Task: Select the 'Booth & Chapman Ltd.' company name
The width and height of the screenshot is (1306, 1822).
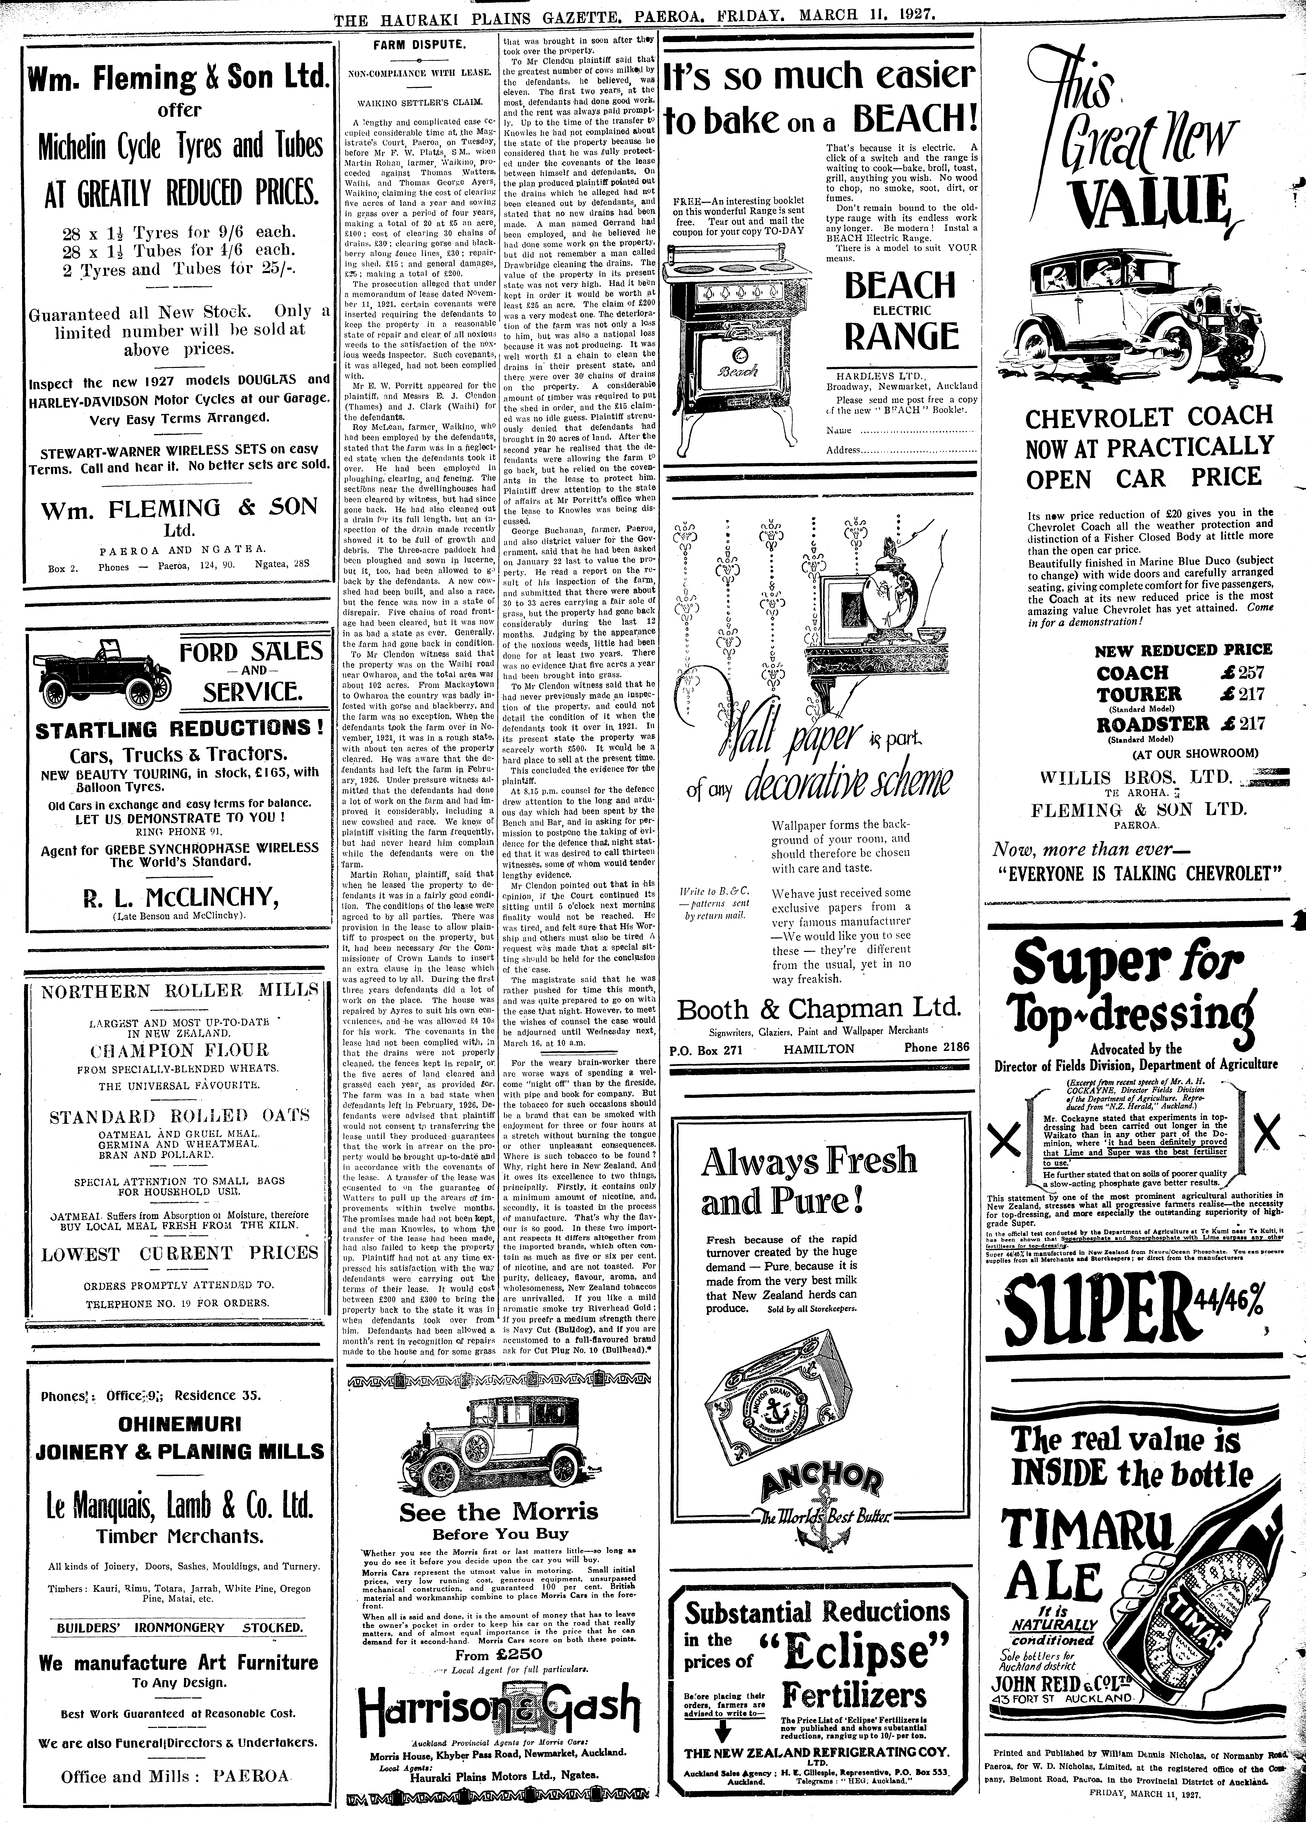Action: coord(819,1009)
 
